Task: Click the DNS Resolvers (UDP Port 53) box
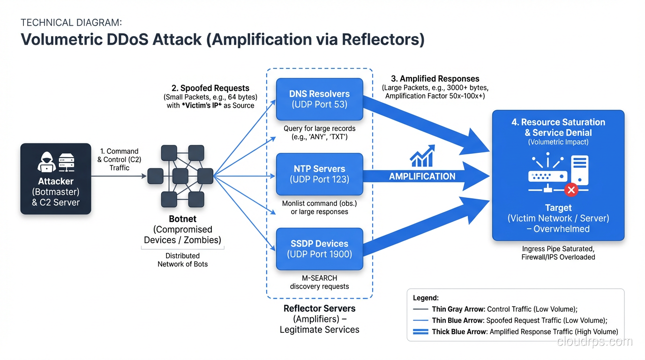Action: [319, 99]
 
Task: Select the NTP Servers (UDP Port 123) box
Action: [319, 174]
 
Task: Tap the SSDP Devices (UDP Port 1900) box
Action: [319, 249]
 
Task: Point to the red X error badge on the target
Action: [571, 190]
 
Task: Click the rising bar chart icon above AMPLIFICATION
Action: [422, 156]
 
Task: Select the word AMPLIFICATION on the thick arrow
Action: [422, 177]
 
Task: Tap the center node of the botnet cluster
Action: [180, 176]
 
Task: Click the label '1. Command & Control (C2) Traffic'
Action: [119, 159]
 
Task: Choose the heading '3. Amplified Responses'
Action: [435, 79]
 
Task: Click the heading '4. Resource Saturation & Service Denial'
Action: [558, 127]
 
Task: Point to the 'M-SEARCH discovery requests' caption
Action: [319, 282]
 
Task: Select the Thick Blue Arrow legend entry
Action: [515, 331]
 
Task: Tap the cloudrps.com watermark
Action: [594, 342]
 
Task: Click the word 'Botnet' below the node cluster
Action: [182, 219]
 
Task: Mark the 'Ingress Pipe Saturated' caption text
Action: [558, 249]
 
